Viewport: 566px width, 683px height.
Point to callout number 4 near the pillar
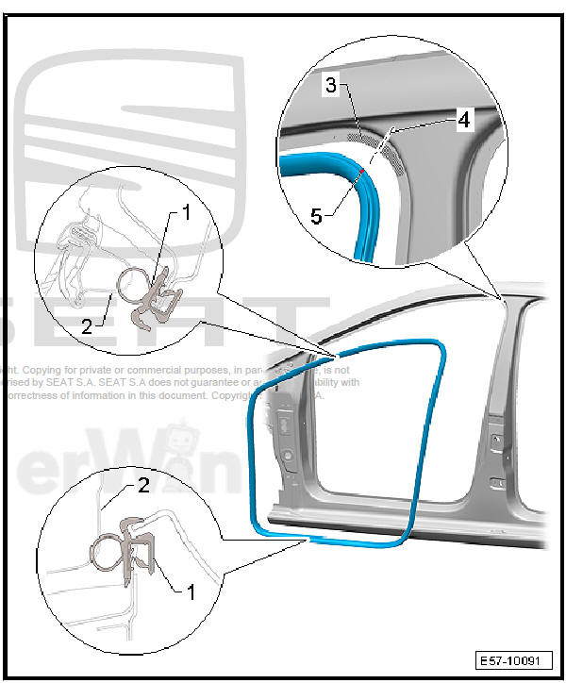tap(463, 121)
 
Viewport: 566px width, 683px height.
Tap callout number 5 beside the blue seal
tap(318, 216)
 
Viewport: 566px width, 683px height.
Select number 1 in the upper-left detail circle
tap(186, 213)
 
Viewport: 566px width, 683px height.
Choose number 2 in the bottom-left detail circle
tap(142, 486)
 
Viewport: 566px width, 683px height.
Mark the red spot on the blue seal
tap(361, 169)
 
